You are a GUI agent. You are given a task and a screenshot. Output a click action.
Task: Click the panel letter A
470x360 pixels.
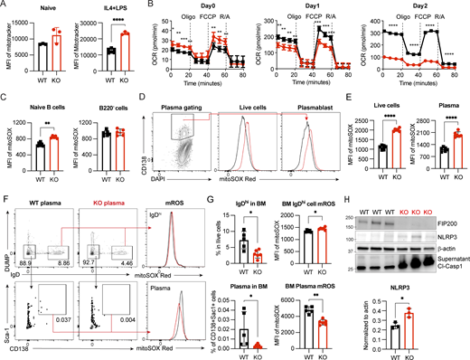(5, 6)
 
